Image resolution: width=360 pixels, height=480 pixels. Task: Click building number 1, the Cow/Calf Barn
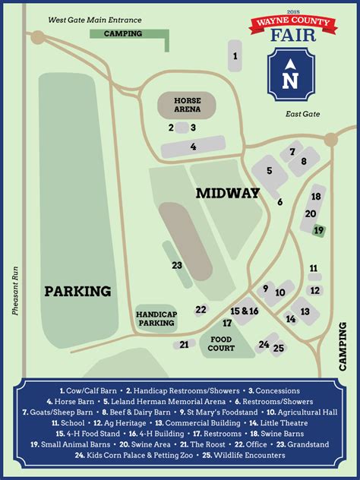click(x=236, y=55)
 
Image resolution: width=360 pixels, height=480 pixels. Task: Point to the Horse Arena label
click(x=187, y=105)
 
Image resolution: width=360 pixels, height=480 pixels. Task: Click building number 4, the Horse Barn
click(x=194, y=146)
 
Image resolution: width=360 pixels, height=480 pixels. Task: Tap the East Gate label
click(x=303, y=114)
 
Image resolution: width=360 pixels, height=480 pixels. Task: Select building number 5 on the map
click(x=269, y=171)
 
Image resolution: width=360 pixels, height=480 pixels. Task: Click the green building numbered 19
click(x=319, y=229)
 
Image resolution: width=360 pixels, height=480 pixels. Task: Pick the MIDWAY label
click(x=228, y=193)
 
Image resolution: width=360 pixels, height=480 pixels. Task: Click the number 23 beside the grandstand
click(x=177, y=265)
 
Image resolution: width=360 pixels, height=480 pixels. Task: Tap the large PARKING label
click(x=77, y=291)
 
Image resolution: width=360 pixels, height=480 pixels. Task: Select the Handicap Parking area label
click(x=156, y=318)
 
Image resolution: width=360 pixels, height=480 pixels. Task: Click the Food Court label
click(x=221, y=344)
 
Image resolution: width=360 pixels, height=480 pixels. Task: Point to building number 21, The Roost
click(x=184, y=345)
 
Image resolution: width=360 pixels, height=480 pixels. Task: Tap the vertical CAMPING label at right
click(x=343, y=347)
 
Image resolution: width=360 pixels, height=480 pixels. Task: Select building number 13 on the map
click(x=305, y=311)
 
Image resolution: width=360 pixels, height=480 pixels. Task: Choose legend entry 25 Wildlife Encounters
click(x=243, y=455)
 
